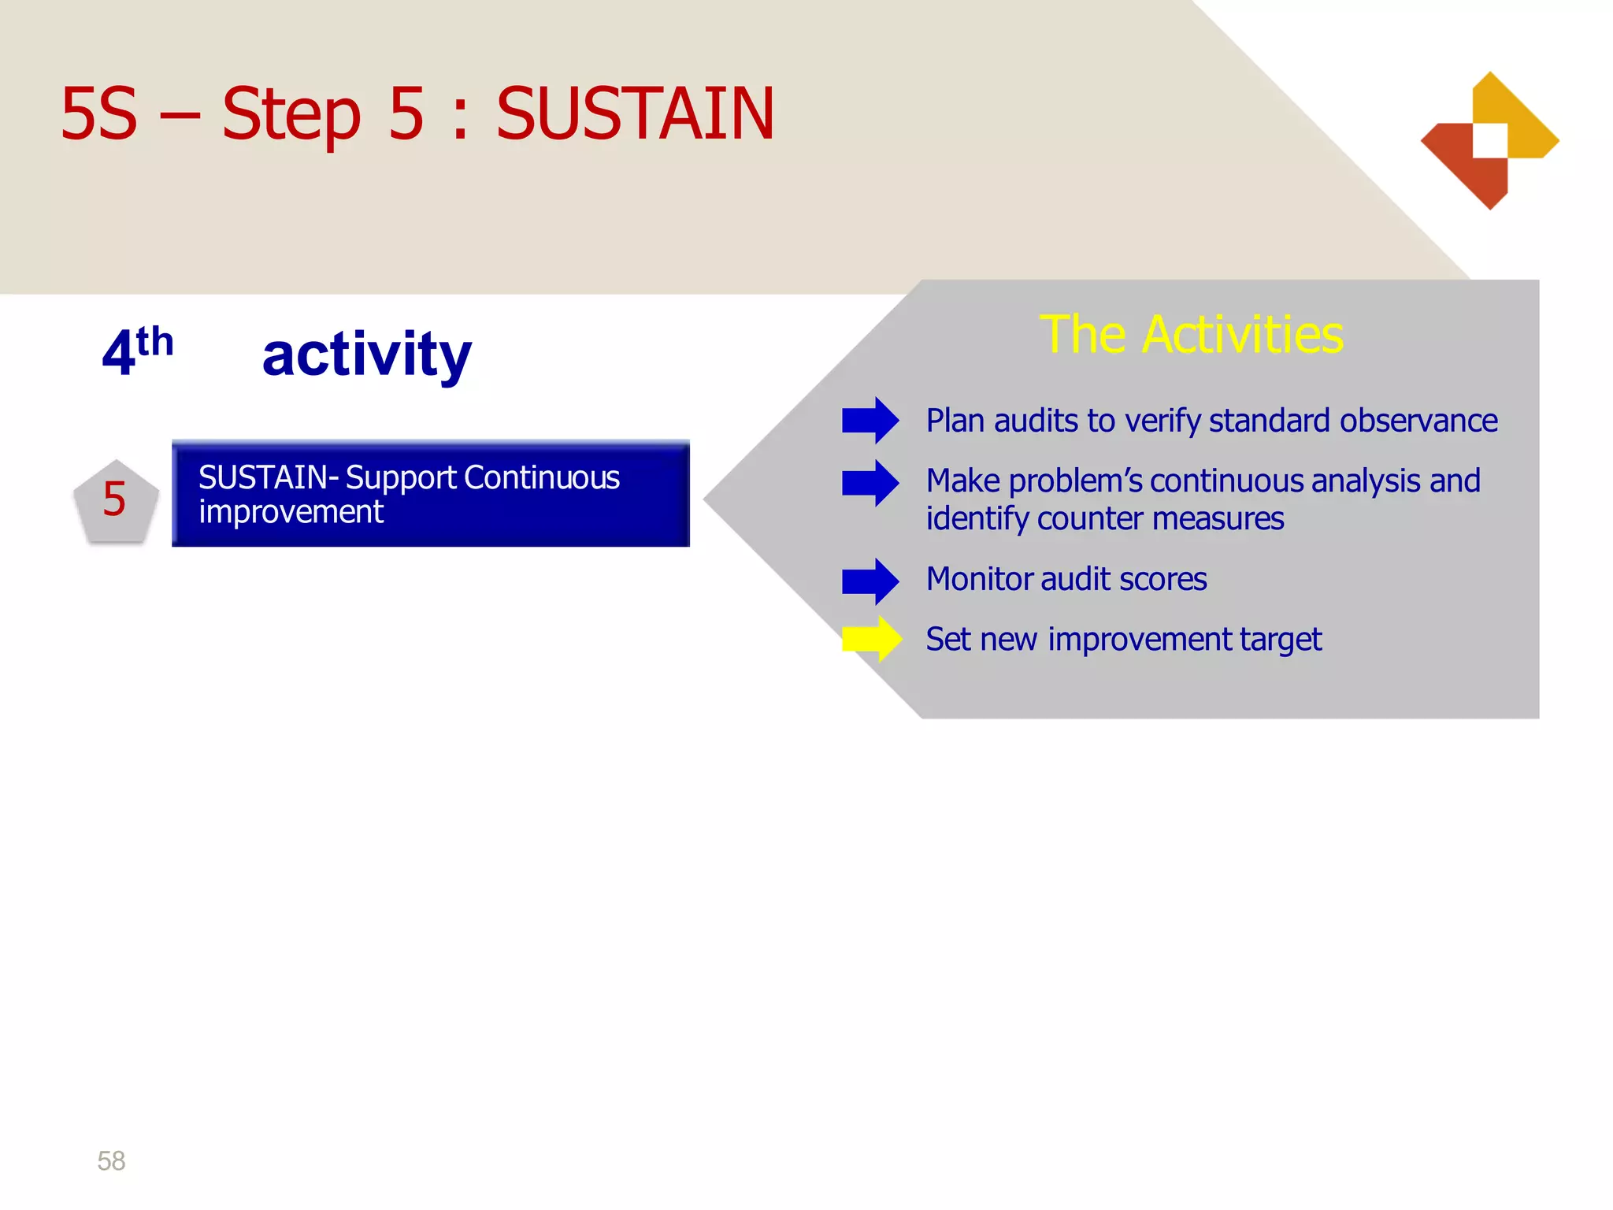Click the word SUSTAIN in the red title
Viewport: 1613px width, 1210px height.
click(635, 115)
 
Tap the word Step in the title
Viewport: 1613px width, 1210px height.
click(291, 115)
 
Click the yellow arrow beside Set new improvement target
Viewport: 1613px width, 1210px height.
click(871, 639)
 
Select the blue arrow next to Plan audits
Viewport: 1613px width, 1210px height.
click(870, 421)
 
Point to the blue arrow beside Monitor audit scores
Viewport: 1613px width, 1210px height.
click(870, 581)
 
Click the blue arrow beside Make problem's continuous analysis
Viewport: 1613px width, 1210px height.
click(870, 483)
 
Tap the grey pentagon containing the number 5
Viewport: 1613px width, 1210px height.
click(116, 502)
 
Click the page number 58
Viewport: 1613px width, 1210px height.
click(111, 1160)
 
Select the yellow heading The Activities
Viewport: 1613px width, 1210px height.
click(1191, 335)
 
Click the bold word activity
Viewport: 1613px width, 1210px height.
click(366, 354)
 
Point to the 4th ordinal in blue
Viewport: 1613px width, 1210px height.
click(138, 351)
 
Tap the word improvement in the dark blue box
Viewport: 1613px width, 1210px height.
click(291, 513)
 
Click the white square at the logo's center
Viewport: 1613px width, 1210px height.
click(1490, 141)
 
